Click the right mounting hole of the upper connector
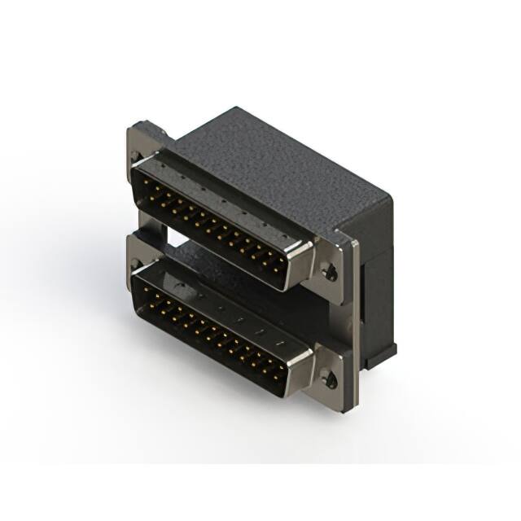(330, 273)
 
